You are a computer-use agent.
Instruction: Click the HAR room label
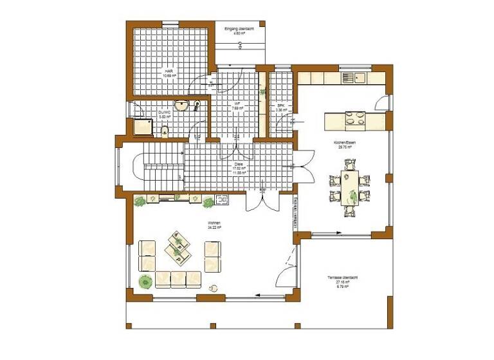tap(168, 73)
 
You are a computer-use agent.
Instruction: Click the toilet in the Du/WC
tap(165, 132)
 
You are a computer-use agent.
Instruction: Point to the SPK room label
tap(280, 108)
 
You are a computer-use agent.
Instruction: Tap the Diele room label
tap(239, 168)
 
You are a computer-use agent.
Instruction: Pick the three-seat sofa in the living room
tap(179, 278)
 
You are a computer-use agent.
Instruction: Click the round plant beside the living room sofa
tap(146, 281)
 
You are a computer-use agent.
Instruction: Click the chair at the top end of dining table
tap(350, 165)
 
